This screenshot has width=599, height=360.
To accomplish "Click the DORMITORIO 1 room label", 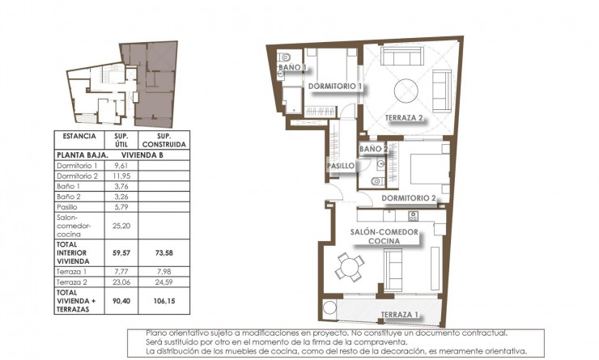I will click(333, 86).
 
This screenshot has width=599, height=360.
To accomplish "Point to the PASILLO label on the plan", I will click(340, 166).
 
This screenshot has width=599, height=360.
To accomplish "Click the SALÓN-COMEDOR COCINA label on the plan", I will click(384, 236).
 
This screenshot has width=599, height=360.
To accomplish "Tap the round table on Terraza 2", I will click(406, 91).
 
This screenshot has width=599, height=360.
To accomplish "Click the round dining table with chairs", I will click(349, 265).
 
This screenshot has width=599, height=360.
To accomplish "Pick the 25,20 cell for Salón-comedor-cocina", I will click(121, 227).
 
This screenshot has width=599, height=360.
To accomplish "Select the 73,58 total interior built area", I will click(164, 252).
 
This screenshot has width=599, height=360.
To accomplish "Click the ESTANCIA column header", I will click(79, 137).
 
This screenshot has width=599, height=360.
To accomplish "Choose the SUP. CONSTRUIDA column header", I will click(164, 140).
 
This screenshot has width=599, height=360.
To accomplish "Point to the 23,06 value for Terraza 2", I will click(121, 283).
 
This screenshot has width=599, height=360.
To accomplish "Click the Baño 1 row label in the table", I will click(70, 185).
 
